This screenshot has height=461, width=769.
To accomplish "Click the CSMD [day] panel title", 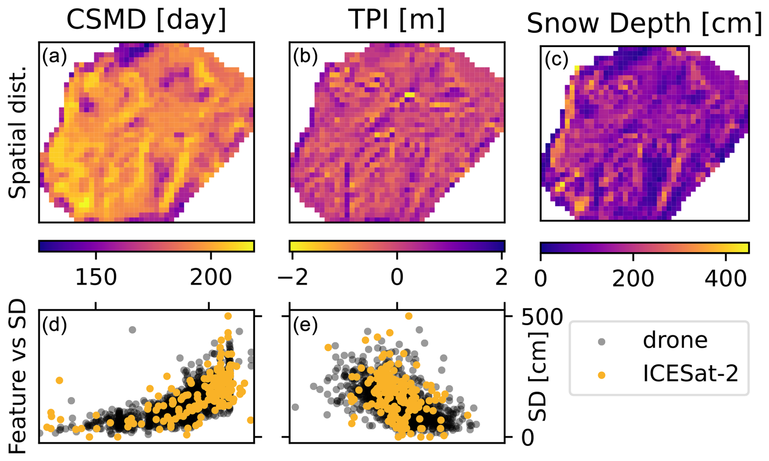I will pos(146,20).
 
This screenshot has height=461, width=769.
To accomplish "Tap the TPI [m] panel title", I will pos(397,20).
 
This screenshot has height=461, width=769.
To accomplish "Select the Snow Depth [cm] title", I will pos(644,24).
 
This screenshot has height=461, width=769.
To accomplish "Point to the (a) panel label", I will pos(54,56).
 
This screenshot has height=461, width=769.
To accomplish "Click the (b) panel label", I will pos(305,56).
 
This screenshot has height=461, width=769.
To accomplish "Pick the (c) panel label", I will pos(556,59).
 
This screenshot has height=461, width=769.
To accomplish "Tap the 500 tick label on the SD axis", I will pos(542,317).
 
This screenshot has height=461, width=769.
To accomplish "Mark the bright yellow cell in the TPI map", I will pos(409,95).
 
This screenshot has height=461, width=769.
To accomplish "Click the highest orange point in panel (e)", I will pos(409,316).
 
